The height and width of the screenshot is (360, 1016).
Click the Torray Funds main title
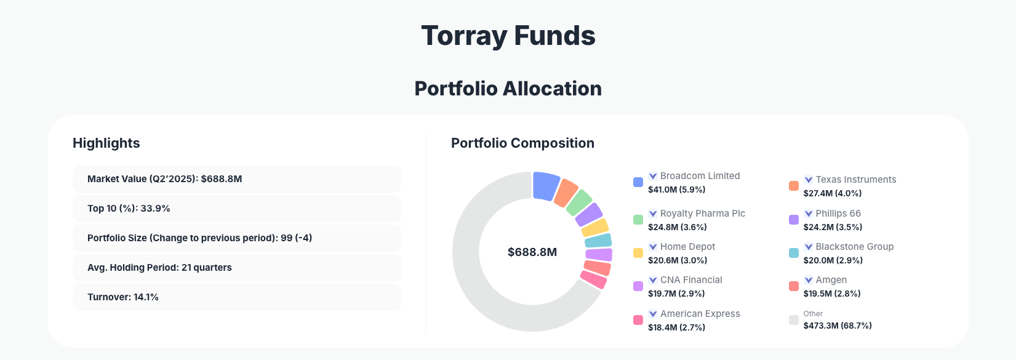pyautogui.click(x=508, y=36)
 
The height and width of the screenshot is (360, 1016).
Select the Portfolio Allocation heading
pyautogui.click(x=508, y=89)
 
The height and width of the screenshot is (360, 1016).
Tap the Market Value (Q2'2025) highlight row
pyautogui.click(x=236, y=179)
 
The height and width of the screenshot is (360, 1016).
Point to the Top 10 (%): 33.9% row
pyautogui.click(x=236, y=209)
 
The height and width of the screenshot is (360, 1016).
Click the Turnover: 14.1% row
pyautogui.click(x=236, y=297)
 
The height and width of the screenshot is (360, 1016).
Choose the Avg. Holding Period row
pyautogui.click(x=236, y=268)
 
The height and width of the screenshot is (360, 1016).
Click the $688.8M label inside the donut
pyautogui.click(x=532, y=252)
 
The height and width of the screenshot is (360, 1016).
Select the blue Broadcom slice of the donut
pyautogui.click(x=545, y=186)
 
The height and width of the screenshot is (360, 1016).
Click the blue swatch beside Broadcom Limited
pyautogui.click(x=638, y=182)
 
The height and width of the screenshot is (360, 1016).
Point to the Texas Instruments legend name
pyautogui.click(x=855, y=180)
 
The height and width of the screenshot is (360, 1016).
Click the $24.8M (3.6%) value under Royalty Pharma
pyautogui.click(x=677, y=227)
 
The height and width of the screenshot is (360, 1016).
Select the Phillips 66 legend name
pyautogui.click(x=838, y=214)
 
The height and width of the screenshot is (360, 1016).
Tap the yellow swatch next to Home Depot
pyautogui.click(x=638, y=253)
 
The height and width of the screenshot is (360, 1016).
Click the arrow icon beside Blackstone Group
pyautogui.click(x=809, y=247)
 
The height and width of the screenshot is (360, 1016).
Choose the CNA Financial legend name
pyautogui.click(x=691, y=280)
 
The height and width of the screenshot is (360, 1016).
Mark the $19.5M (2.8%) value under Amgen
pyautogui.click(x=832, y=294)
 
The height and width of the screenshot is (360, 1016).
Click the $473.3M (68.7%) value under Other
pyautogui.click(x=838, y=326)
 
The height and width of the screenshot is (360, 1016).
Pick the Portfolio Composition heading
pyautogui.click(x=522, y=143)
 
